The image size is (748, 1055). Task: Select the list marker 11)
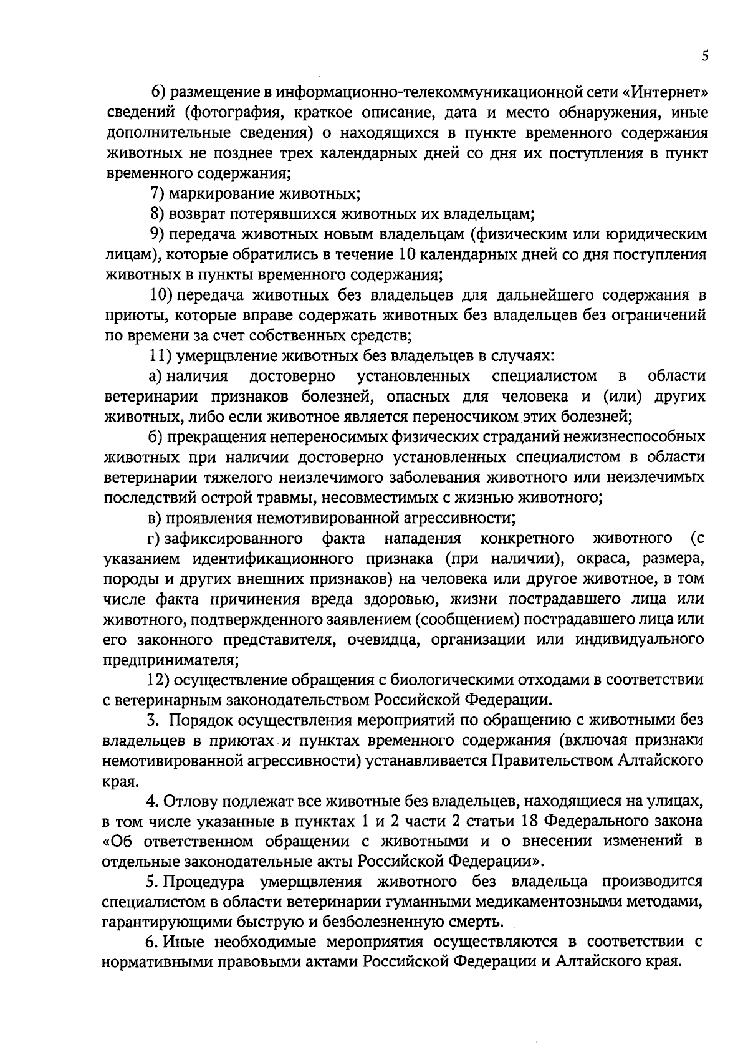(160, 355)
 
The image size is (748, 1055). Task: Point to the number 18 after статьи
(522, 821)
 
